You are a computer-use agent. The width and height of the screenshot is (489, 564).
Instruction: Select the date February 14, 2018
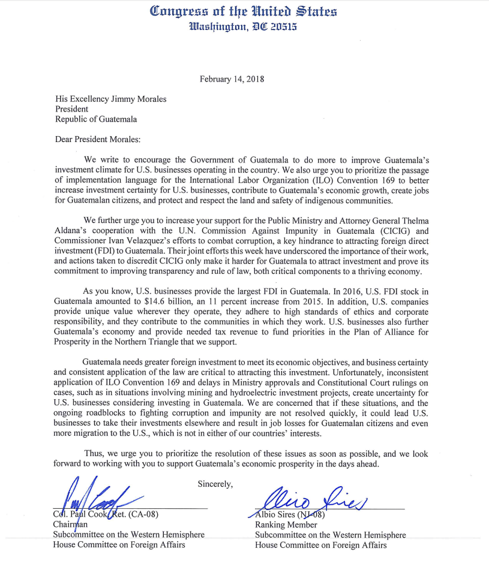pyautogui.click(x=232, y=79)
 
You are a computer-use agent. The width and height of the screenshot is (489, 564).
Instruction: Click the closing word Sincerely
pyautogui.click(x=215, y=483)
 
